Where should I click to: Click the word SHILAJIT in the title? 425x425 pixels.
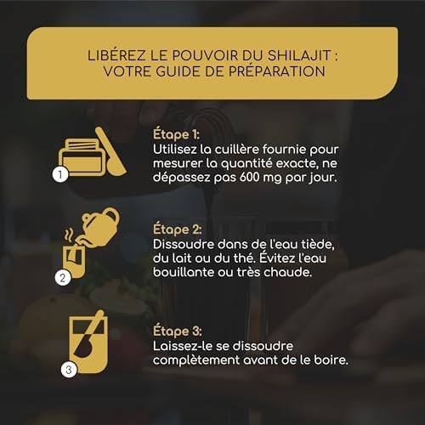299,55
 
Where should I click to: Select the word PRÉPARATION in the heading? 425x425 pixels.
277,71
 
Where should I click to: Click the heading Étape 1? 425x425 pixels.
176,134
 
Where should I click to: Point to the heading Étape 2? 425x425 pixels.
178,229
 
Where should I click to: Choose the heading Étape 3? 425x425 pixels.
178,331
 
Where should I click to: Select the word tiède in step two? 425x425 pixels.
319,244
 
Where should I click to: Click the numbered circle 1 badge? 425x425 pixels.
60,174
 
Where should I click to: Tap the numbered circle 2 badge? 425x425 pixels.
63,278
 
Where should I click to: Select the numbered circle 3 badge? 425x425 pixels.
69,370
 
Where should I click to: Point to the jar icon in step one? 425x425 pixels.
82,157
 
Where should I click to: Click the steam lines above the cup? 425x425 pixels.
69,235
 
